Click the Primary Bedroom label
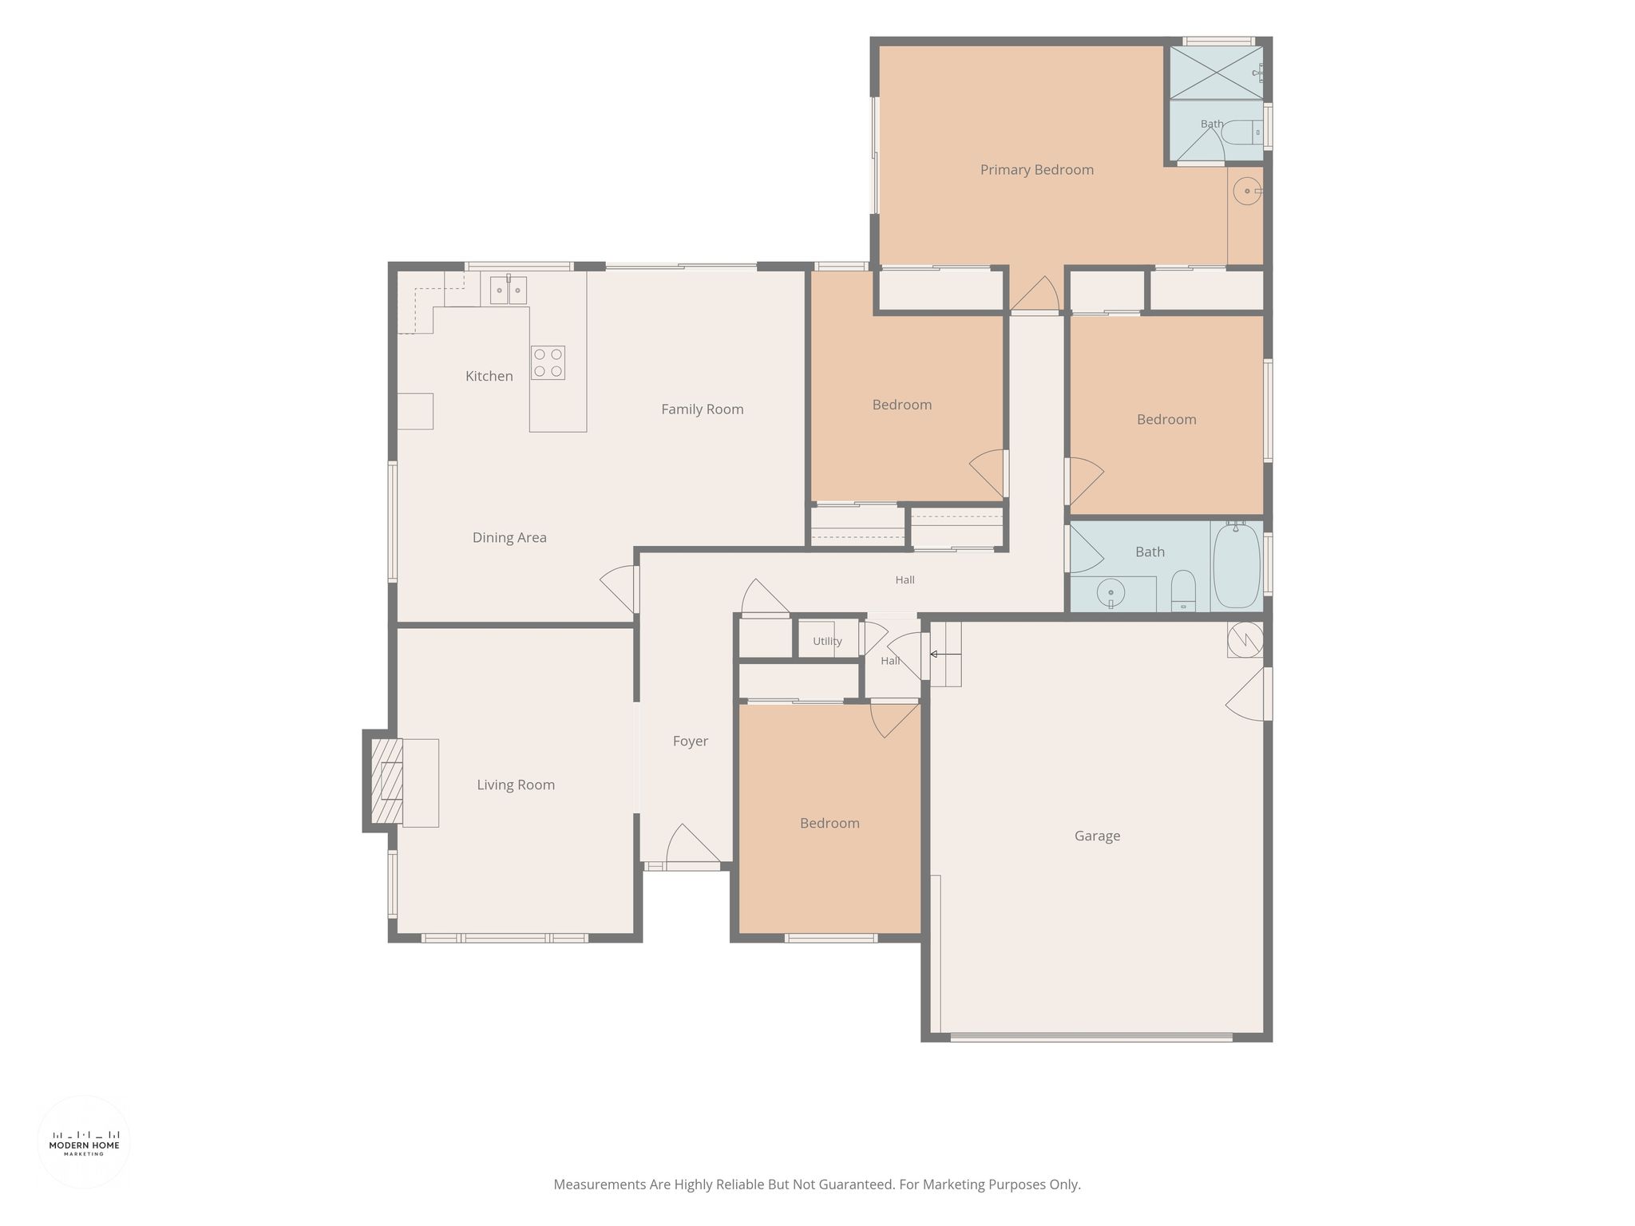point(1036,170)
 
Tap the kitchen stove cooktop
point(548,362)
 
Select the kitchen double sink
point(508,289)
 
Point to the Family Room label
point(703,409)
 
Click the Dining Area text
point(509,538)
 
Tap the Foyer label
point(691,742)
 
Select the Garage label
point(1097,836)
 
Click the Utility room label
point(827,641)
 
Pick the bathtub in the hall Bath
point(1237,565)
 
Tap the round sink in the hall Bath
point(1110,593)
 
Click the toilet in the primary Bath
point(1241,132)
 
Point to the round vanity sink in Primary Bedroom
point(1247,192)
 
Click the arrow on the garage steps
point(945,655)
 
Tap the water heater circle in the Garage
point(1245,639)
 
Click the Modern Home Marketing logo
point(84,1142)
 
